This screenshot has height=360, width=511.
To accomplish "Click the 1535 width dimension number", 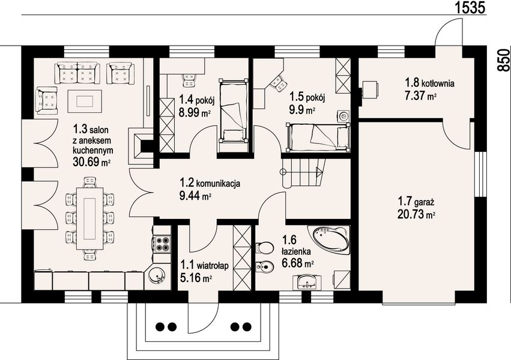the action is coord(470,7).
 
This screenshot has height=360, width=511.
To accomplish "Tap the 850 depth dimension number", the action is coord(504,60).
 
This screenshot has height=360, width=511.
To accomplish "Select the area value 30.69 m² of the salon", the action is coord(91,161).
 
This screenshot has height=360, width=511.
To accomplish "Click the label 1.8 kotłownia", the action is coord(429,82).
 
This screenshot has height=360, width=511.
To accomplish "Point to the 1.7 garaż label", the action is coord(416,202).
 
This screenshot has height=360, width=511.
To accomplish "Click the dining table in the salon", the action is coord(89,218).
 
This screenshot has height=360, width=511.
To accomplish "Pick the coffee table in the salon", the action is coord(85,101).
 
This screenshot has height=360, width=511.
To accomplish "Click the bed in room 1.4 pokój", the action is coord(234,111).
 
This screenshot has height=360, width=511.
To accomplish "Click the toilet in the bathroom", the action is coord(264,247).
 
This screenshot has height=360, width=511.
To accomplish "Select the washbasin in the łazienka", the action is coord(307,282).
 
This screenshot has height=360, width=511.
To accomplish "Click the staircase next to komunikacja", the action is coord(303,173).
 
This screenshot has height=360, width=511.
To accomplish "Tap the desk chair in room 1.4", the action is coord(190,80).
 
